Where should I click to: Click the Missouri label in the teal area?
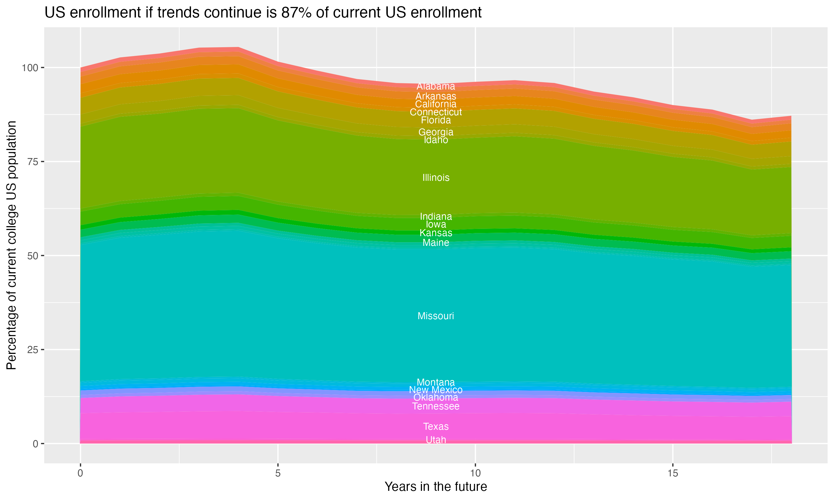[436, 316]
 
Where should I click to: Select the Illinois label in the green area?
[436, 177]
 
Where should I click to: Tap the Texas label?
[436, 427]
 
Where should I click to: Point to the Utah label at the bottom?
[436, 440]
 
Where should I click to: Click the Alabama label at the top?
[436, 86]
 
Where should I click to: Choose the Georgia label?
[436, 132]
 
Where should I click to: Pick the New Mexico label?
[436, 390]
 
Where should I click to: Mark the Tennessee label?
[436, 406]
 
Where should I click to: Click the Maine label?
[436, 242]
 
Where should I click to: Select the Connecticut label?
[436, 112]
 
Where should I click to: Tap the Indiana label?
[436, 216]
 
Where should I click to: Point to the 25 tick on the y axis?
[32, 350]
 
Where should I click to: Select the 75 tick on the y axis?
[32, 162]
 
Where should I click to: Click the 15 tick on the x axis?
[672, 473]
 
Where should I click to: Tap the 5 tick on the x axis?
[278, 473]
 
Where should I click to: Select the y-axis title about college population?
[11, 245]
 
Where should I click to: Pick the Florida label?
[436, 120]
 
